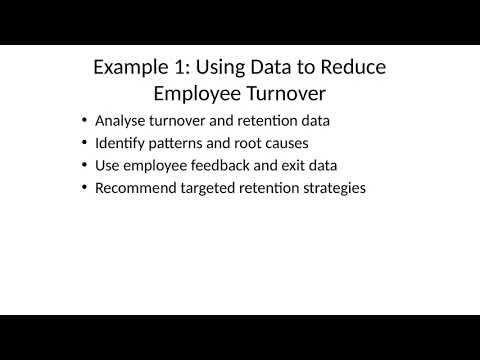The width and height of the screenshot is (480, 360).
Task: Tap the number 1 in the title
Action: click(x=180, y=68)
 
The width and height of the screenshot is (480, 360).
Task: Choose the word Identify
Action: click(x=120, y=142)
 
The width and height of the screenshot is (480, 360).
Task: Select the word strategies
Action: click(x=333, y=186)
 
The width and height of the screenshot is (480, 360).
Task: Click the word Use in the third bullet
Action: click(x=107, y=164)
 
